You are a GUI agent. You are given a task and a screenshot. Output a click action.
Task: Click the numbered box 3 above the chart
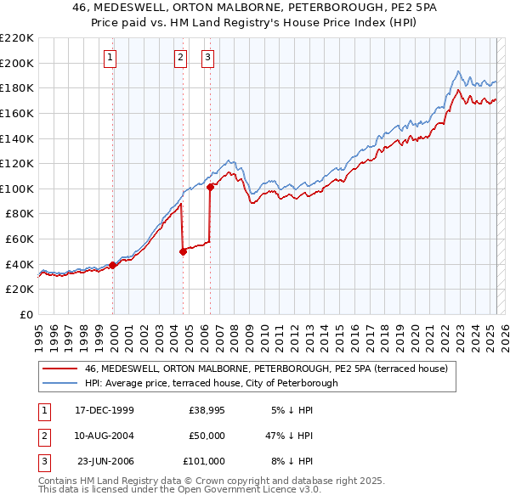pyautogui.click(x=208, y=58)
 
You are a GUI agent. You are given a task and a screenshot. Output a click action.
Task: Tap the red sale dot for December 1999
pyautogui.click(x=113, y=265)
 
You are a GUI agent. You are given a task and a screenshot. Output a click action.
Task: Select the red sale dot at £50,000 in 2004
pyautogui.click(x=183, y=251)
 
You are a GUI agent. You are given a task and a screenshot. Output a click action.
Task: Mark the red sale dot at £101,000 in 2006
pyautogui.click(x=210, y=187)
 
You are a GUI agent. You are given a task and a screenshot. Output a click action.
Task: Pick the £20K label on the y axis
pyautogui.click(x=20, y=290)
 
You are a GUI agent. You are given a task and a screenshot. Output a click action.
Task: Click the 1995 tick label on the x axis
pyautogui.click(x=38, y=331)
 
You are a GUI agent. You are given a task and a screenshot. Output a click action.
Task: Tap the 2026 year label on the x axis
pyautogui.click(x=502, y=331)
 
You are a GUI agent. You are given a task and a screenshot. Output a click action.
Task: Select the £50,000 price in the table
pyautogui.click(x=207, y=436)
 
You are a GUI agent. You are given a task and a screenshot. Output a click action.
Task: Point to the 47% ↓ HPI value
pyautogui.click(x=289, y=436)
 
